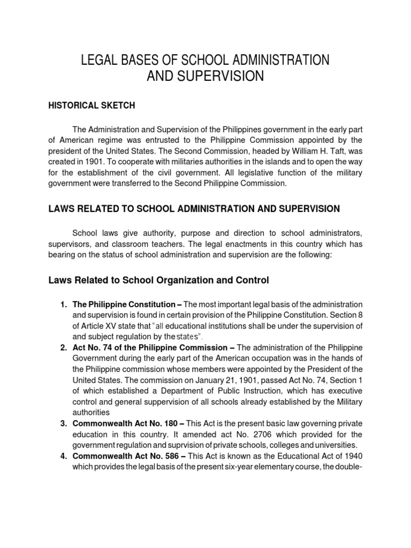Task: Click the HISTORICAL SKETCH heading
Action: tap(92, 105)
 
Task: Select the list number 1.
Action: tap(62, 305)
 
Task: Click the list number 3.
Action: tap(62, 423)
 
